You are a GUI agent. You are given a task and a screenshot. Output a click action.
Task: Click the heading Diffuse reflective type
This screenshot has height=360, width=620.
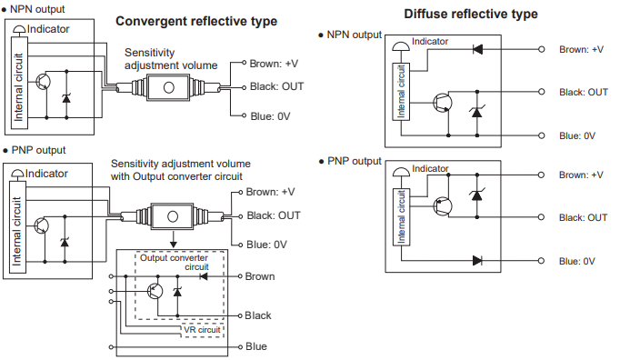coord(463,14)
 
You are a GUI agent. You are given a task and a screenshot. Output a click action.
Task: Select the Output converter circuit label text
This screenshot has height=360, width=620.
coord(173,263)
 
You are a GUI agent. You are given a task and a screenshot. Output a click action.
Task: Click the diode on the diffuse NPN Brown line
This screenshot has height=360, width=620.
coord(477,49)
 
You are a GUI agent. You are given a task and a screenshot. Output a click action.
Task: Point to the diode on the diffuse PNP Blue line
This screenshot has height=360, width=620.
coord(477,260)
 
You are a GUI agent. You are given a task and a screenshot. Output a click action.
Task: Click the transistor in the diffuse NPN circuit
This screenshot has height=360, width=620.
coord(442,103)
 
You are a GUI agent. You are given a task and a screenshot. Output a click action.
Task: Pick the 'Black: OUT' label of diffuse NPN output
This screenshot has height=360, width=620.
coord(584,92)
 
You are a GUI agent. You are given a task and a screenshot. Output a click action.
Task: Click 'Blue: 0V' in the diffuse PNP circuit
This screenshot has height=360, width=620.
coord(577,261)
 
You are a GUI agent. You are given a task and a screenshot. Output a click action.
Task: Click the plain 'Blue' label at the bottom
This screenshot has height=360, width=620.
coord(256,346)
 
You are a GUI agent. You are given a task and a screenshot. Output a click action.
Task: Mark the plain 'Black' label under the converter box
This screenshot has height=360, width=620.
coord(258,315)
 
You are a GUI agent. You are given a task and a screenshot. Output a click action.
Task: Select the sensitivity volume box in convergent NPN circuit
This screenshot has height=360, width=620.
coord(168,87)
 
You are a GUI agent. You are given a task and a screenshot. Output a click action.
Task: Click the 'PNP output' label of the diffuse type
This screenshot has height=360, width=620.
coord(354,161)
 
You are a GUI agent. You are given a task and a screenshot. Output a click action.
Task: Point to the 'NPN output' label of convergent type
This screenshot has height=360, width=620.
coord(36,8)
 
